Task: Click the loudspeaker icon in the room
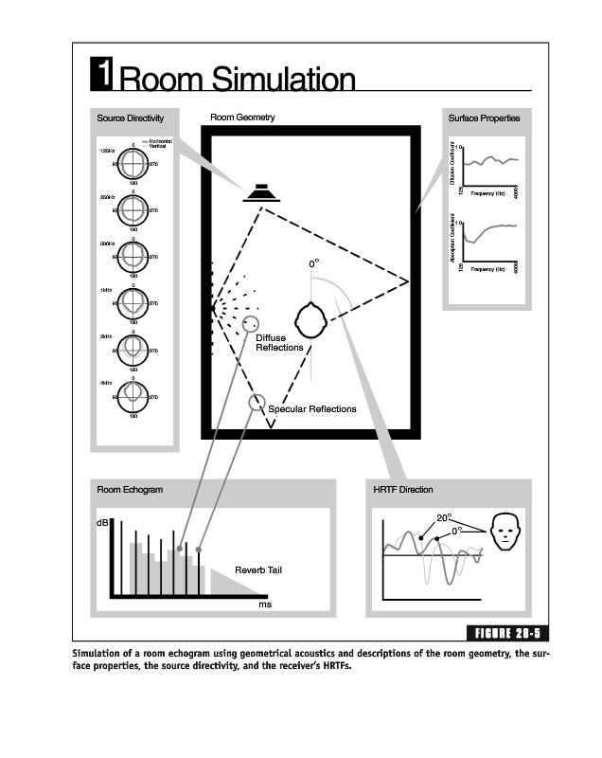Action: click(x=262, y=192)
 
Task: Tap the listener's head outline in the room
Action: click(x=312, y=320)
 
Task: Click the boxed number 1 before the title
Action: click(x=103, y=73)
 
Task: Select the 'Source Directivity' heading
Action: click(x=131, y=118)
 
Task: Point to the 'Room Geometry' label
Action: click(x=242, y=118)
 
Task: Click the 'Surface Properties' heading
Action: click(x=483, y=118)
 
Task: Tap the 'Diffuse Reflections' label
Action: click(x=280, y=343)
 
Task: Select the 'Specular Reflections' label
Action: click(x=312, y=409)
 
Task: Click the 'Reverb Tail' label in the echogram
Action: click(x=258, y=570)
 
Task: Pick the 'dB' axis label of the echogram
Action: click(x=102, y=523)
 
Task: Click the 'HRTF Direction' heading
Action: click(x=403, y=490)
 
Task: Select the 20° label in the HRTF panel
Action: click(x=444, y=518)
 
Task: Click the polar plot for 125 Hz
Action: click(x=133, y=165)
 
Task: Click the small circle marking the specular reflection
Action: click(x=255, y=403)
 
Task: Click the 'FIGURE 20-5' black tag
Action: click(x=509, y=633)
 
